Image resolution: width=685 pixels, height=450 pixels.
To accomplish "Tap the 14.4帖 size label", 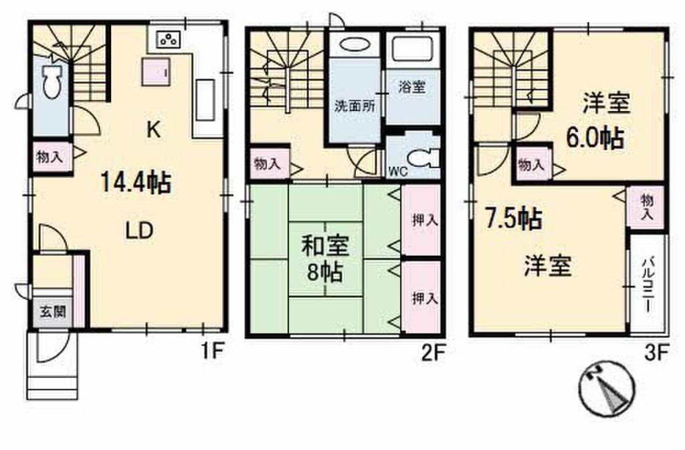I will (x=134, y=181).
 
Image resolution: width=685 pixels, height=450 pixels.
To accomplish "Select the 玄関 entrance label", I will (x=51, y=311).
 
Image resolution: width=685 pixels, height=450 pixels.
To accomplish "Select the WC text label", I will (x=399, y=170).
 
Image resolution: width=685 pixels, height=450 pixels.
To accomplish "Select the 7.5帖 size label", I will (x=514, y=219).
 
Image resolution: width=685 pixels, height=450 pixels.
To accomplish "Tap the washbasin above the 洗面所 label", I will (x=353, y=46).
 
